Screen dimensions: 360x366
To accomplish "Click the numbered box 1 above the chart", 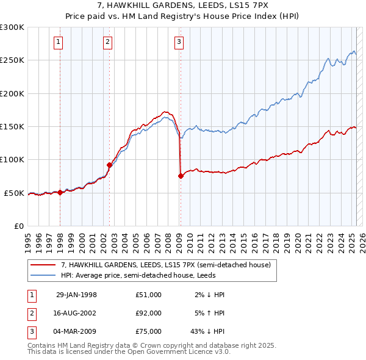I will coord(57,42).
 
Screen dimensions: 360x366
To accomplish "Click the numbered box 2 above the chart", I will coord(107,42).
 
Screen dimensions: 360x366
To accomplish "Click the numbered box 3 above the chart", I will coord(179,42).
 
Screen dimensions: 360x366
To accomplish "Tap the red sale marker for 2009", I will coord(181,176).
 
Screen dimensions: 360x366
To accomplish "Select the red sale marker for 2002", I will coord(109,165).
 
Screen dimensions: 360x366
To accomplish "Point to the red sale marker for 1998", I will coord(60,192).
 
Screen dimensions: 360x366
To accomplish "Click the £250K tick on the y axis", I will coord(12,60).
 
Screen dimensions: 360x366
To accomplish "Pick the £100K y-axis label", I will coord(12,159).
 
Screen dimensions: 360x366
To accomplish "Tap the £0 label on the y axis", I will coord(17,226).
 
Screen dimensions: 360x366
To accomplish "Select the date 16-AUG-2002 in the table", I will coord(76,313).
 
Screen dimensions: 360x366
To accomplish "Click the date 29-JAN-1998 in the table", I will coord(76,295).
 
